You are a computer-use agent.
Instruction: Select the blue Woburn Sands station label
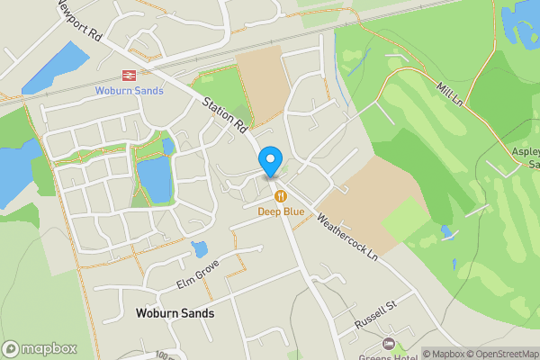[130, 90]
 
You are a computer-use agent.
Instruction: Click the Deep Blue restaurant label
[281, 211]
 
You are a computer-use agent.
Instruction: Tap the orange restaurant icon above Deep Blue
[281, 196]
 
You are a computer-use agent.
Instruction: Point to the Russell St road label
[375, 314]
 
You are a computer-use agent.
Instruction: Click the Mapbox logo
[39, 348]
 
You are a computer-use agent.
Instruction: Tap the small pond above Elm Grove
[200, 248]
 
